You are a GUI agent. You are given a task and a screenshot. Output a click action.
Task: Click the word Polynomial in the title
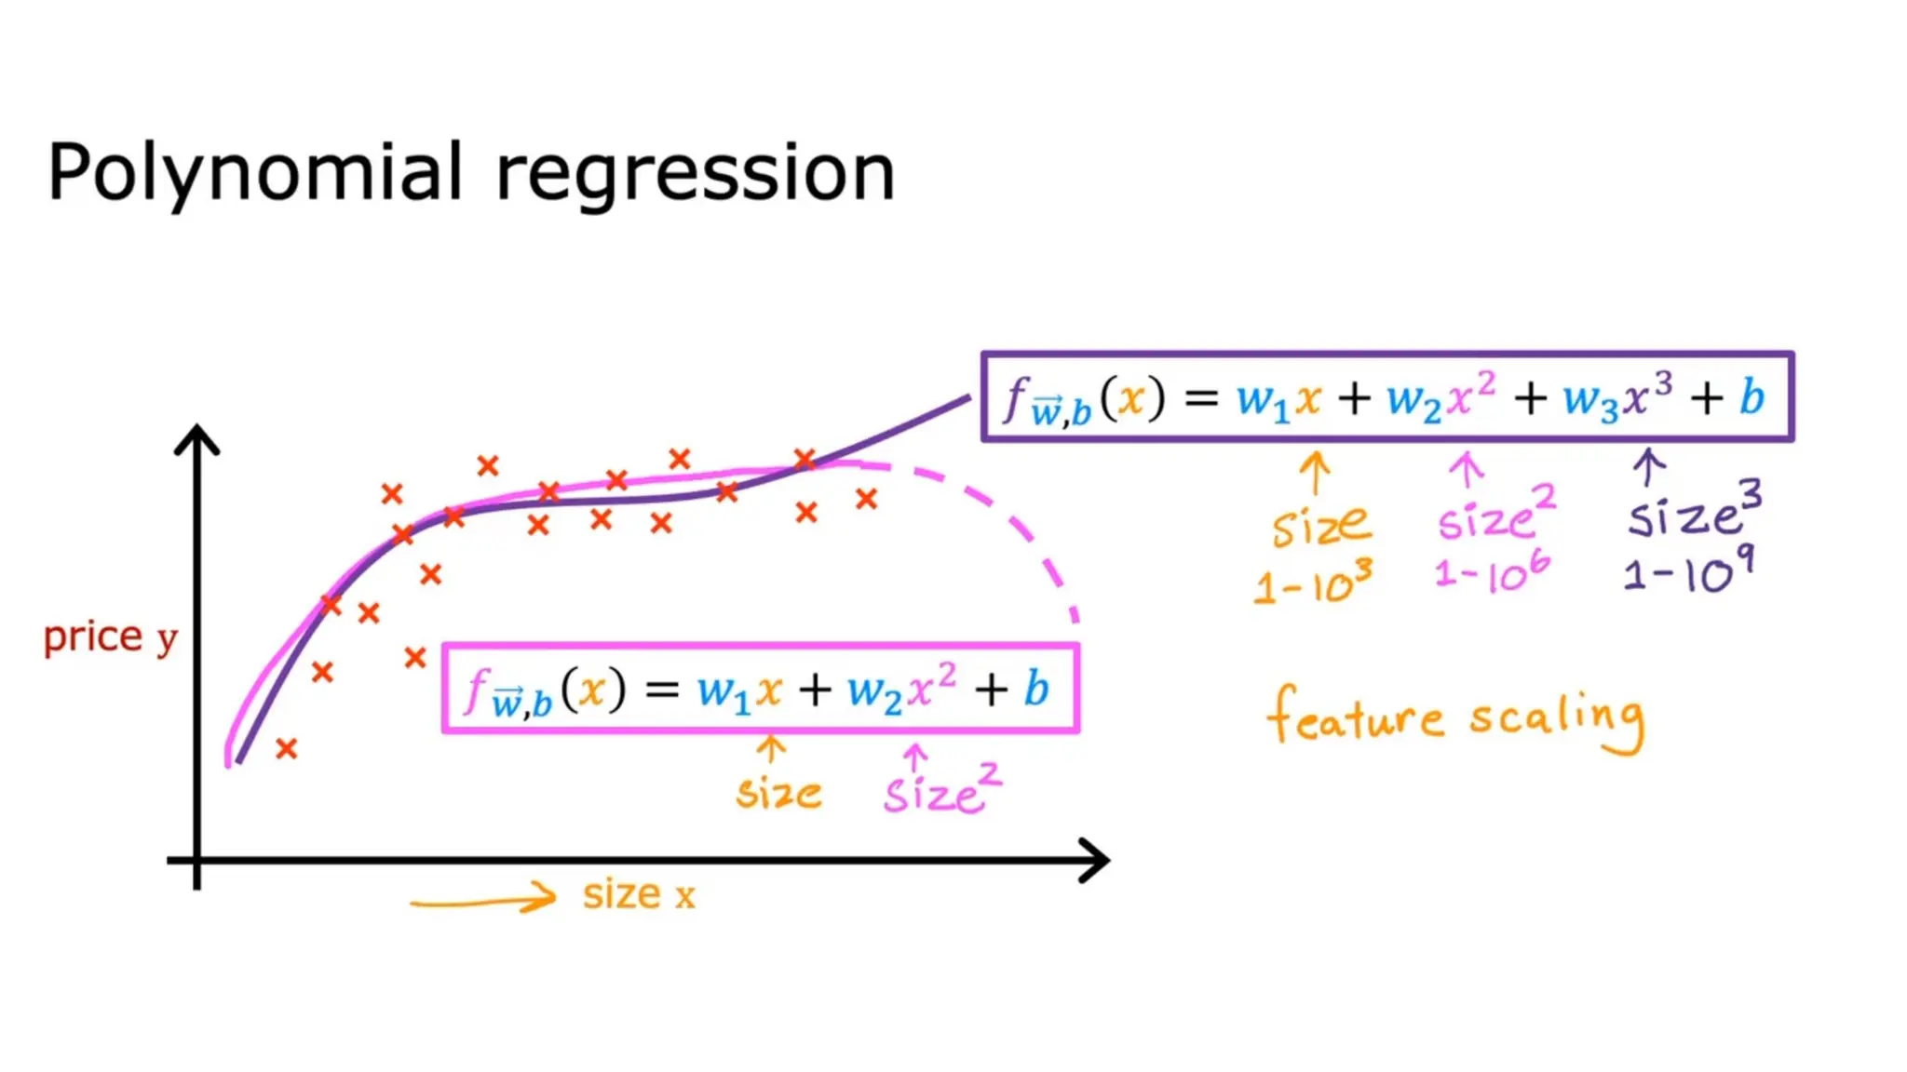(254, 174)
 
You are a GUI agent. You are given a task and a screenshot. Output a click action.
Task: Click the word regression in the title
(695, 174)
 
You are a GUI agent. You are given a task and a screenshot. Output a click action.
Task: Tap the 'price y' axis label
(110, 637)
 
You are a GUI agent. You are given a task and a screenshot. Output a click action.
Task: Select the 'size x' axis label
(639, 894)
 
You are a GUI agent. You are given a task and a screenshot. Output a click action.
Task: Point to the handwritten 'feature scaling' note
(1455, 719)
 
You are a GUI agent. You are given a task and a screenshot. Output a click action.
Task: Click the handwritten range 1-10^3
(1313, 583)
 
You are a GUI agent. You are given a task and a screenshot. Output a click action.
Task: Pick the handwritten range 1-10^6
(1493, 572)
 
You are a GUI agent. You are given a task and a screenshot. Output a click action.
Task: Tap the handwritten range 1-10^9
(1688, 570)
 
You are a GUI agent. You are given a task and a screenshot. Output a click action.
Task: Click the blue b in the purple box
(1751, 397)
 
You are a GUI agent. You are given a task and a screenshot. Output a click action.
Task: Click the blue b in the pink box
(1035, 690)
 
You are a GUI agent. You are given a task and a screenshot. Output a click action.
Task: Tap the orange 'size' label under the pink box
(779, 793)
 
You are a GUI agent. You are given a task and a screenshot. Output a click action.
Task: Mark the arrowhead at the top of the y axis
(197, 439)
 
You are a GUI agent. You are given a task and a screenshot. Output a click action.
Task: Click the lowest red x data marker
(287, 748)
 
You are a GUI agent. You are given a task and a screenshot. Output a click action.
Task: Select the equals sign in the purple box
(1200, 398)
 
